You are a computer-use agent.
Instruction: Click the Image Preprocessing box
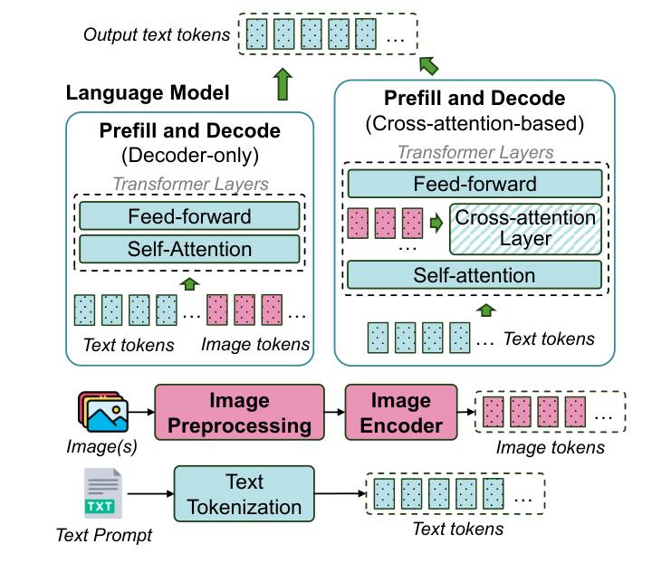pos(239,412)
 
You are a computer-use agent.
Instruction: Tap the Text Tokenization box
pos(244,494)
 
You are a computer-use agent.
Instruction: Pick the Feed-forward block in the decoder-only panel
pos(189,216)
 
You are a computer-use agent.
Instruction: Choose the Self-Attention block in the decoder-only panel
pos(189,249)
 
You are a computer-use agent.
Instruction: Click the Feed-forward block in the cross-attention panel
pos(474,184)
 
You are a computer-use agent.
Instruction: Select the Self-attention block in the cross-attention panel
pos(474,275)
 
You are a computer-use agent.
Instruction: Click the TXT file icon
pos(101,492)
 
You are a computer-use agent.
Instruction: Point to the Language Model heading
pos(148,92)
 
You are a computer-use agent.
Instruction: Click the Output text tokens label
pos(156,35)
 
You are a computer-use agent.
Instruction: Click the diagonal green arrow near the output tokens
pos(428,64)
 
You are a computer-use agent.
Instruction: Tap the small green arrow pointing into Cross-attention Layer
pos(437,221)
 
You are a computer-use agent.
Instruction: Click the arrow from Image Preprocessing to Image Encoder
pos(334,412)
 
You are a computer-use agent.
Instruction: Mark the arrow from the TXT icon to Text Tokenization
pos(149,494)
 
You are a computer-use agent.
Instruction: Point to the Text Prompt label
pos(104,535)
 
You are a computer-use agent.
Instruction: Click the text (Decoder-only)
pos(189,154)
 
